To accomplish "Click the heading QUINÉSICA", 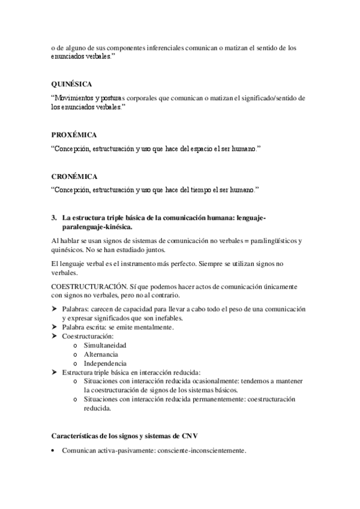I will tap(71, 85).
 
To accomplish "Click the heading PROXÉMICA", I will tap(74, 134).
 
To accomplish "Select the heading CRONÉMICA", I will tap(74, 176).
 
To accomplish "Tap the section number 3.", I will tap(54, 218).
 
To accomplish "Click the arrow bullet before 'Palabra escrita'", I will tap(55, 327).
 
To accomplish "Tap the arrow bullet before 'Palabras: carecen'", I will tap(55, 309).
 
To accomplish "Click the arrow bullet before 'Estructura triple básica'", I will tap(55, 372).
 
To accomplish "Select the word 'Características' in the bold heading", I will tap(75, 435).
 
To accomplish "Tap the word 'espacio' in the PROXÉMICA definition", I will tap(201, 148).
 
